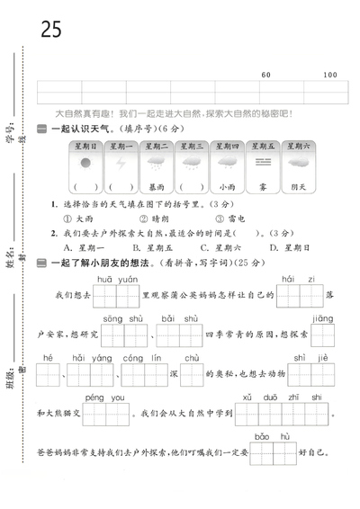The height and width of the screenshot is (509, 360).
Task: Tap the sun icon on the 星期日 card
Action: point(86,163)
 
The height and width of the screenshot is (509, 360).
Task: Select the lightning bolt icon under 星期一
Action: point(121,163)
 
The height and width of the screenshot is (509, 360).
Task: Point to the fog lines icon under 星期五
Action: point(263,163)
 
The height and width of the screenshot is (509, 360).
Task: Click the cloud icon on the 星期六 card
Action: point(298,163)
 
